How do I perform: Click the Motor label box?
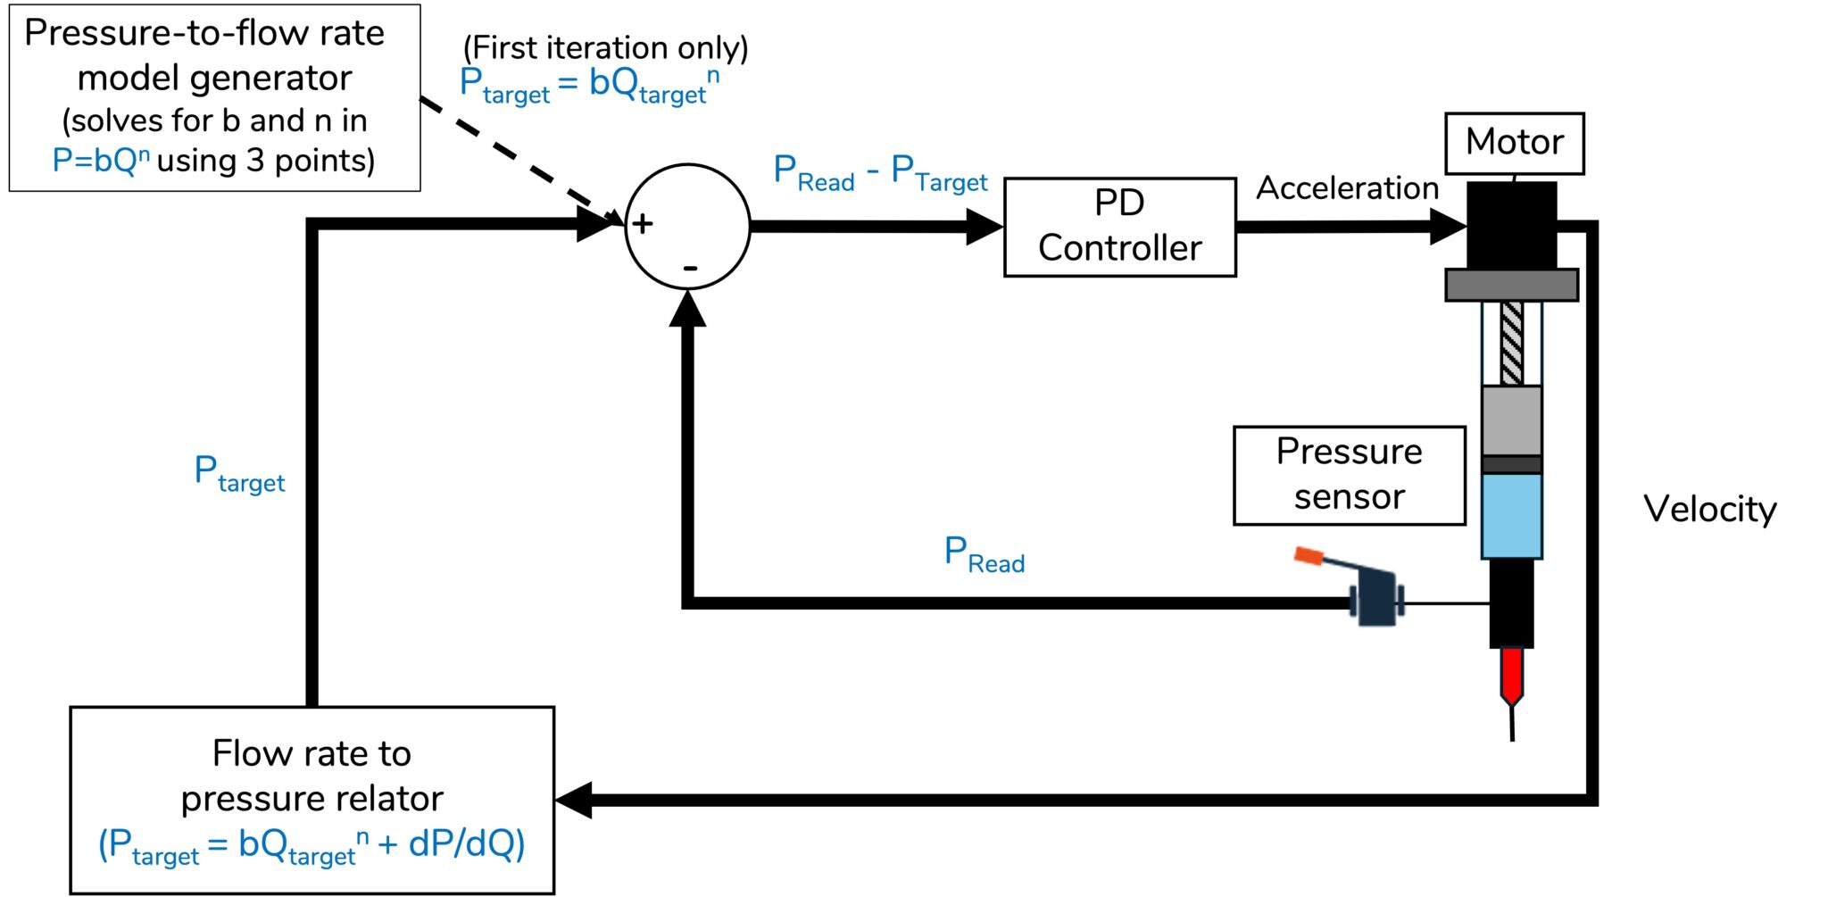point(1514,143)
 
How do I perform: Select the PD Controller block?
point(1119,227)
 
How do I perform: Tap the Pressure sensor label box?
point(1349,475)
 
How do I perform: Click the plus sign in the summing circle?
point(642,223)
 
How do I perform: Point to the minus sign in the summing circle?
point(690,268)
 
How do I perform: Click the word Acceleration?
point(1347,188)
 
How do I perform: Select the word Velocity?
point(1709,510)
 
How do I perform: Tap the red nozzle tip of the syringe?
point(1511,675)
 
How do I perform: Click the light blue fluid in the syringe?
point(1511,516)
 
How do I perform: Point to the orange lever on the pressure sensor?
point(1309,556)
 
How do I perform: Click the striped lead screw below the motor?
point(1511,343)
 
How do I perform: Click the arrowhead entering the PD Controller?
point(985,227)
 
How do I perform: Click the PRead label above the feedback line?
point(984,555)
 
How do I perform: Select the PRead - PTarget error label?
point(879,173)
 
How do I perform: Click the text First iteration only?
point(605,47)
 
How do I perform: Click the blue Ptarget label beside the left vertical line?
point(239,474)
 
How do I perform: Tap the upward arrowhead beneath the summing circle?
point(687,309)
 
